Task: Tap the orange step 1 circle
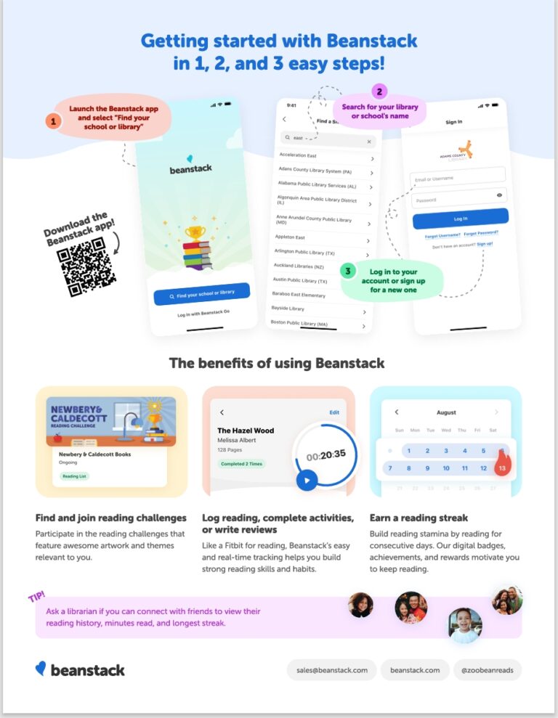tap(52, 121)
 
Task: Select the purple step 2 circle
tap(379, 91)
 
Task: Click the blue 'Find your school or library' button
tap(202, 293)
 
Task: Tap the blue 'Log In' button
tap(460, 218)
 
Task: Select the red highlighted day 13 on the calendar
tap(501, 468)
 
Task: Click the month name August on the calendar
tap(446, 412)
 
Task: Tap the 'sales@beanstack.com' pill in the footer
tap(331, 670)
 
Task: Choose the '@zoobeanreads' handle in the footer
tap(488, 670)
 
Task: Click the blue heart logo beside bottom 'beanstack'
tap(41, 669)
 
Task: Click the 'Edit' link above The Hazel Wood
tap(334, 412)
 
